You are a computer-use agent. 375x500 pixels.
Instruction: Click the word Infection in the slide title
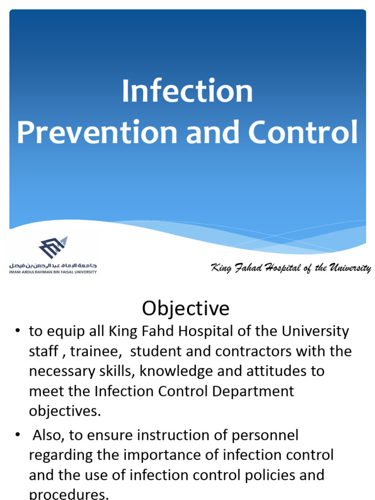[x=187, y=91]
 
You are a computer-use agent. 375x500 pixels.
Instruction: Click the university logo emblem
[x=53, y=248]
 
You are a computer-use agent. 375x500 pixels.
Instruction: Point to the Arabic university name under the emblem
[x=53, y=265]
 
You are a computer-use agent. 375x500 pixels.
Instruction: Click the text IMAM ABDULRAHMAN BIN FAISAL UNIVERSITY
[x=53, y=271]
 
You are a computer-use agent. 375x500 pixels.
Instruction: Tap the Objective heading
[x=186, y=308]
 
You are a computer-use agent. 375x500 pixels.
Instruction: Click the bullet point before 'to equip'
[x=18, y=331]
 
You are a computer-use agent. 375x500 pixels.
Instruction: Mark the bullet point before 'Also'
[x=18, y=435]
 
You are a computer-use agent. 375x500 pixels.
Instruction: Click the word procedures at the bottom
[x=68, y=494]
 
